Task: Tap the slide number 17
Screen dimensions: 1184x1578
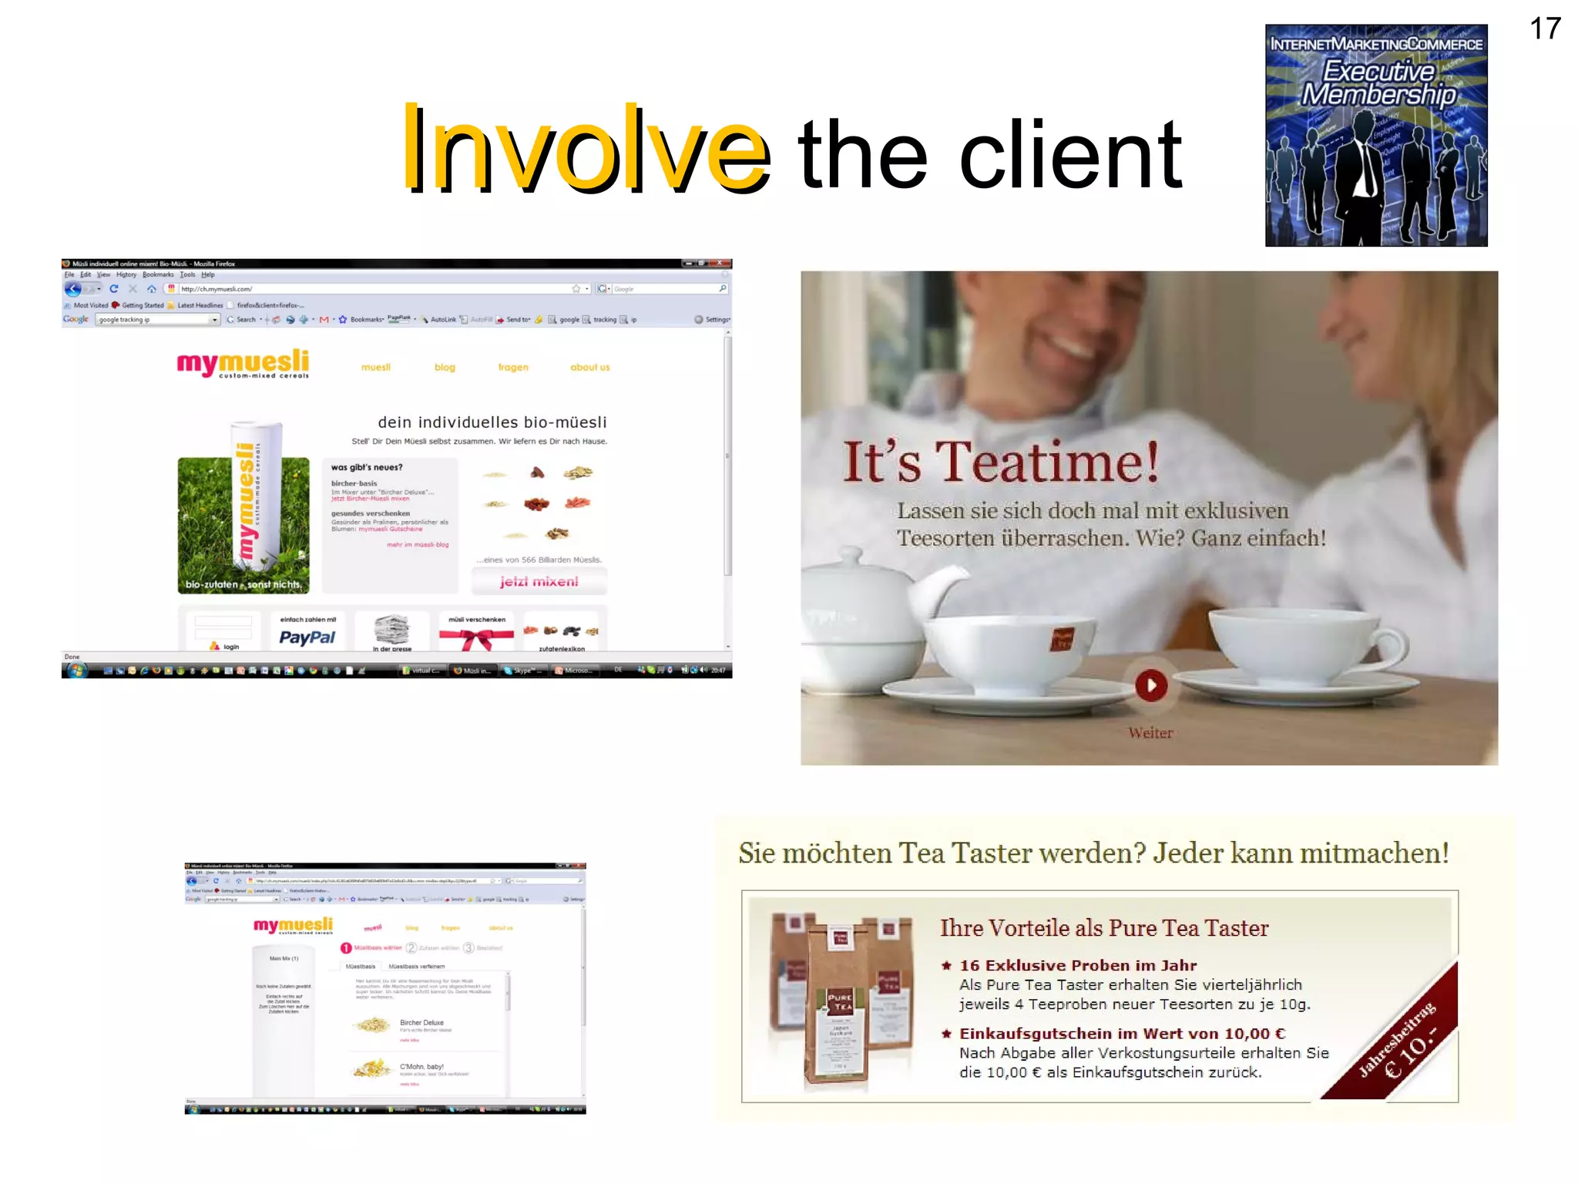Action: [1544, 29]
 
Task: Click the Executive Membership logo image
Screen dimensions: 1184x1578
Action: [1375, 136]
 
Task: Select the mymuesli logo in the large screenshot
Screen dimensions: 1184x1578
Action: [243, 363]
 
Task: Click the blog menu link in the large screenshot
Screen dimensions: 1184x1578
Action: [445, 368]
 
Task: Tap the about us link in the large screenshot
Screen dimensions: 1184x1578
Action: [589, 368]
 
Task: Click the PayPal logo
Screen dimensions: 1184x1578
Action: [307, 637]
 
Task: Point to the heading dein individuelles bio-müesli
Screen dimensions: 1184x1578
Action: [492, 422]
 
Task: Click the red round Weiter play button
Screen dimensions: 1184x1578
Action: [1150, 685]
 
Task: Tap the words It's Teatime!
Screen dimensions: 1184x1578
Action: [1000, 462]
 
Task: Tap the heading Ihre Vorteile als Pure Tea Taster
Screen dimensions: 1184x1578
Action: [1103, 928]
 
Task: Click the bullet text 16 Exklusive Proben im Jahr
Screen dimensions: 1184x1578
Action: [1077, 966]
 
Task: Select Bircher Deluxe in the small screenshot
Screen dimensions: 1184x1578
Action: [421, 1023]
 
